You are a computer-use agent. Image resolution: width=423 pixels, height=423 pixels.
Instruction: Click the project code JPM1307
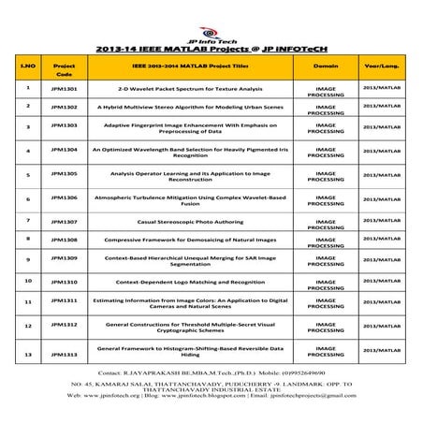point(65,222)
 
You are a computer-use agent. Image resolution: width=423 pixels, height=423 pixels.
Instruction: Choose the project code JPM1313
point(65,354)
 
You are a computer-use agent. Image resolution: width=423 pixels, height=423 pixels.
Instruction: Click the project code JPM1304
point(65,149)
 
